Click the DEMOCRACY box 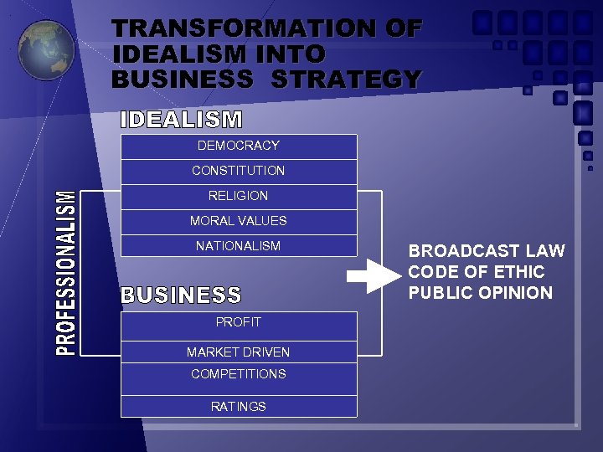(x=239, y=146)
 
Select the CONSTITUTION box (x=239, y=171)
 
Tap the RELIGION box (x=239, y=196)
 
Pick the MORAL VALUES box (x=239, y=221)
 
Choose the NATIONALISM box (x=239, y=246)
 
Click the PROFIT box (x=239, y=322)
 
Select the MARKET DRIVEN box (x=239, y=352)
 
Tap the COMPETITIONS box (x=239, y=374)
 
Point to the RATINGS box (x=239, y=407)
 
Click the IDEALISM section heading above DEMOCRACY (x=182, y=120)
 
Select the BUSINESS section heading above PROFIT (x=182, y=295)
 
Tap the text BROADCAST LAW (x=487, y=251)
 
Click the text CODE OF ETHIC (x=477, y=272)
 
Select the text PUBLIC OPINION (x=481, y=293)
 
